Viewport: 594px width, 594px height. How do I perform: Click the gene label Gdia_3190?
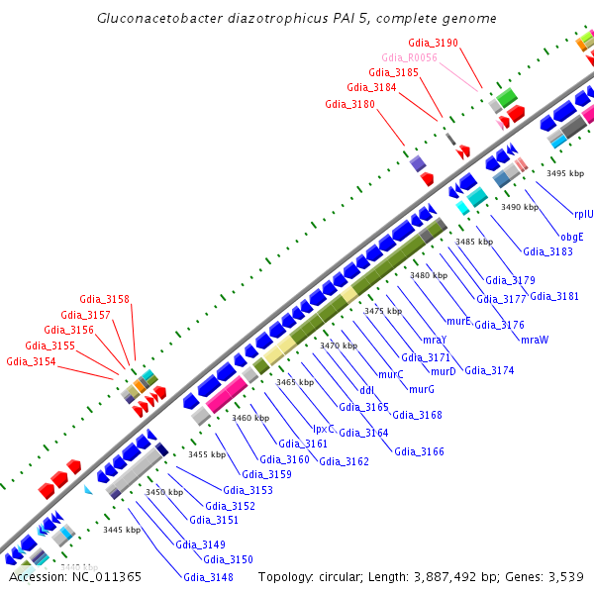pos(433,44)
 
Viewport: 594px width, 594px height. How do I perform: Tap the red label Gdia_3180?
pos(349,104)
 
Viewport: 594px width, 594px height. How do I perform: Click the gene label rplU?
pos(584,213)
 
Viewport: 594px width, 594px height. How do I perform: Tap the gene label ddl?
pos(366,389)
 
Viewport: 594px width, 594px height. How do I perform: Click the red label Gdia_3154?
pos(31,362)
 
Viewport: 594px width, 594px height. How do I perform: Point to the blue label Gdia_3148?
pos(208,578)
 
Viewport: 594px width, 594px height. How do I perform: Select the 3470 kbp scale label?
pos(338,346)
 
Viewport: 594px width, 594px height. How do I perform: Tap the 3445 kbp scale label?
pos(122,530)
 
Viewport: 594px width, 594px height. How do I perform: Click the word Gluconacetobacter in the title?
pos(158,19)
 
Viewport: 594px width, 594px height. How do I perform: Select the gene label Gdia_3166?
pos(419,451)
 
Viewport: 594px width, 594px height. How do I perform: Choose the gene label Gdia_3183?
pos(547,251)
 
